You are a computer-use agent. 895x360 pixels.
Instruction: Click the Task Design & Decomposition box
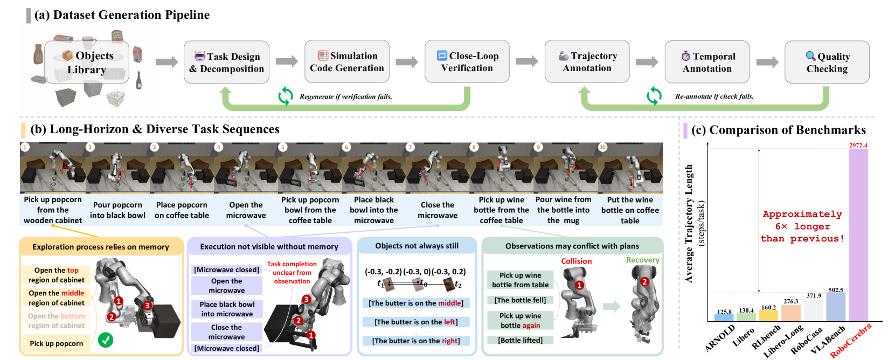pyautogui.click(x=226, y=63)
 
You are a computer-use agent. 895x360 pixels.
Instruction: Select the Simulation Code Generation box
pyautogui.click(x=346, y=62)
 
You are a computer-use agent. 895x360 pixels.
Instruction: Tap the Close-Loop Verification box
pyautogui.click(x=467, y=62)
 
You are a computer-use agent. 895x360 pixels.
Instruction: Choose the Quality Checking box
pyautogui.click(x=827, y=63)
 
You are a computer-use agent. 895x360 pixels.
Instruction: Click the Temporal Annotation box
pyautogui.click(x=707, y=63)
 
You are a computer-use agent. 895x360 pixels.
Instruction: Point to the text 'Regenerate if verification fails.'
pyautogui.click(x=345, y=97)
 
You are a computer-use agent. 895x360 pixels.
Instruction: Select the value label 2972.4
pyautogui.click(x=858, y=146)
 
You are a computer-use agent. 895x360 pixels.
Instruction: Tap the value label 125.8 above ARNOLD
pyautogui.click(x=724, y=311)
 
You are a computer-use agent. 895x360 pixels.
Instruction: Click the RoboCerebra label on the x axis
pyautogui.click(x=851, y=341)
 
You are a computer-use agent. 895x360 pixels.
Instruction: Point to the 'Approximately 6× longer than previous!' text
pyautogui.click(x=802, y=226)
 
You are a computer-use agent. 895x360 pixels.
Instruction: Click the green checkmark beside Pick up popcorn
pyautogui.click(x=106, y=340)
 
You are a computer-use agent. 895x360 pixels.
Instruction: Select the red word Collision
pyautogui.click(x=576, y=261)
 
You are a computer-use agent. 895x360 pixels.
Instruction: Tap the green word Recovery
pyautogui.click(x=642, y=260)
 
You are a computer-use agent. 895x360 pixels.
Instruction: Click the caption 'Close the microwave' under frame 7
pyautogui.click(x=437, y=210)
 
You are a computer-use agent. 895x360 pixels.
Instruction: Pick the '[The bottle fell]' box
pyautogui.click(x=520, y=300)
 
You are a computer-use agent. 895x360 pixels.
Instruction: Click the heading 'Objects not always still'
pyautogui.click(x=417, y=246)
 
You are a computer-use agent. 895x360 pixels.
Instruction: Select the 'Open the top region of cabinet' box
pyautogui.click(x=57, y=275)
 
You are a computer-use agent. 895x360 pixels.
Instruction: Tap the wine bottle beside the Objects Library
pyautogui.click(x=138, y=80)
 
